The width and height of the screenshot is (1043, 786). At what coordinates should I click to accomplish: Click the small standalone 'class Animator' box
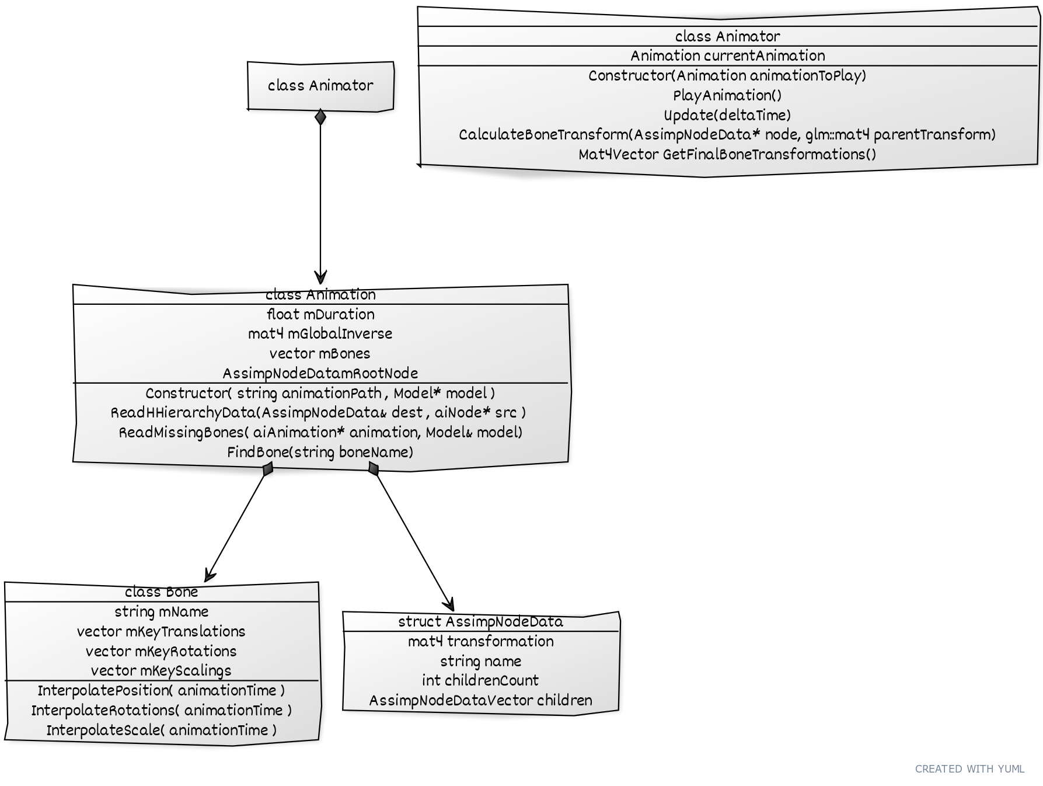[320, 86]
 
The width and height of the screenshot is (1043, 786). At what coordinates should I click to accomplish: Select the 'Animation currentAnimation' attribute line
[727, 56]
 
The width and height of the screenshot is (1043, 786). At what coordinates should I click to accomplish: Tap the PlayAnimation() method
[727, 95]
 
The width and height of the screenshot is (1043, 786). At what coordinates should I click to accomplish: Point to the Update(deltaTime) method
[727, 115]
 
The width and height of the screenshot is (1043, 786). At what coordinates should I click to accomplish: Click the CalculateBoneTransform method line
[727, 135]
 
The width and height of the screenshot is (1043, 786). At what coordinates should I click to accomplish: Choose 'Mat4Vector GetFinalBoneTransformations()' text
[727, 155]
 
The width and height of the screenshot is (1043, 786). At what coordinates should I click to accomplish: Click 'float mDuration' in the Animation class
[320, 315]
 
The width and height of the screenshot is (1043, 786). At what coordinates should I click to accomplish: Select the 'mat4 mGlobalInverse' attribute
[320, 334]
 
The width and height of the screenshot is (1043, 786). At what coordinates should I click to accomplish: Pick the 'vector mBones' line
[320, 354]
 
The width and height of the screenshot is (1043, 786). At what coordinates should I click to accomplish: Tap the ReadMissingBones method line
[320, 433]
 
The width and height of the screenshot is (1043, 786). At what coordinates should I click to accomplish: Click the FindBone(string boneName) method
[320, 453]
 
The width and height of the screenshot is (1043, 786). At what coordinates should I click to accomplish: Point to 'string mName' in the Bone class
[162, 612]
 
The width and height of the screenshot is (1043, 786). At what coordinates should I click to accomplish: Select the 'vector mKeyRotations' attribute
[162, 652]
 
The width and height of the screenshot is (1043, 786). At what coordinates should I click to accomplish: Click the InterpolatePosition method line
[162, 691]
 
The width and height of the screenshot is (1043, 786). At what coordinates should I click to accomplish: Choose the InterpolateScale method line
[162, 731]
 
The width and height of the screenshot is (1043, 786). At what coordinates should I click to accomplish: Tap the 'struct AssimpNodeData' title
[480, 622]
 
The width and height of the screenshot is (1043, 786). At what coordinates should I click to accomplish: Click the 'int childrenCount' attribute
[480, 681]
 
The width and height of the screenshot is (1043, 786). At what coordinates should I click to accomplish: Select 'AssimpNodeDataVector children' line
[480, 701]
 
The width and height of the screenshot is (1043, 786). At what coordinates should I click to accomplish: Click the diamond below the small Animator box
[320, 117]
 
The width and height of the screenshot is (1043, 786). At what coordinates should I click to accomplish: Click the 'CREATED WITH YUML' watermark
[969, 769]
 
